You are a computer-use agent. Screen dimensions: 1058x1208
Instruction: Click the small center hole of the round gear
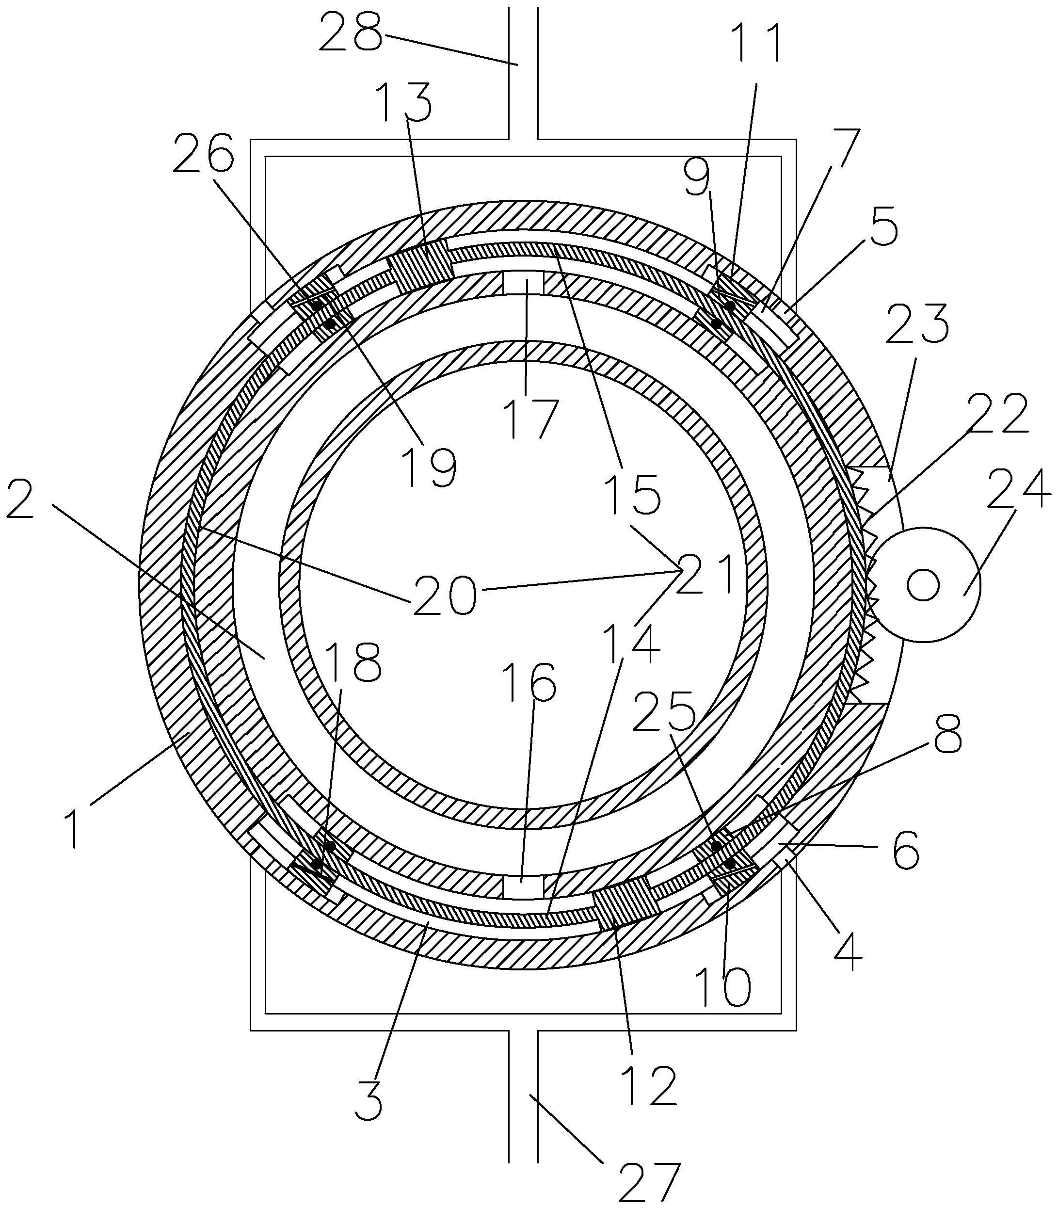click(923, 585)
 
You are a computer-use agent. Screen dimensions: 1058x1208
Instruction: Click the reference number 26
click(204, 152)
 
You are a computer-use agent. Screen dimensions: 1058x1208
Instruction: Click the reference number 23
click(917, 323)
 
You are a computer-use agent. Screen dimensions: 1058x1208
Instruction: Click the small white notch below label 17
click(523, 282)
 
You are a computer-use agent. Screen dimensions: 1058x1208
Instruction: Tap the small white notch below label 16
click(523, 887)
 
